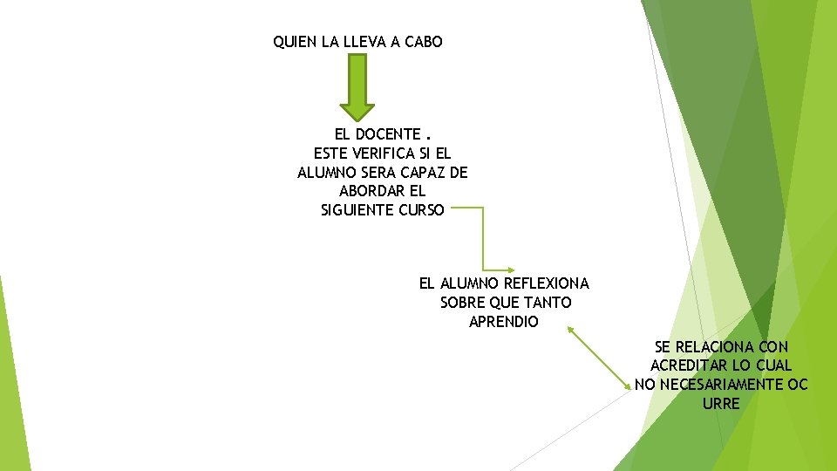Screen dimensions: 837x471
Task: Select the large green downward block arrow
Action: pyautogui.click(x=357, y=86)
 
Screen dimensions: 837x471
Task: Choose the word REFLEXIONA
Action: pyautogui.click(x=548, y=283)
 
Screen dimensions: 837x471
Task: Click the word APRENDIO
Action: pyautogui.click(x=504, y=322)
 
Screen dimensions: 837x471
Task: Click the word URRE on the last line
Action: pyautogui.click(x=721, y=404)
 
